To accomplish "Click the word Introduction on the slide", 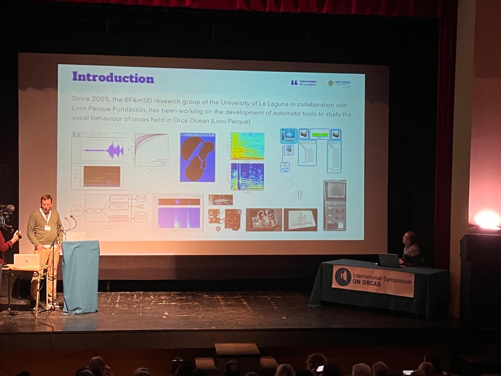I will pos(113,77).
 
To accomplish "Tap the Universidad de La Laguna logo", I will pos(304,82).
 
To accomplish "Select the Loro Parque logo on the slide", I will pos(339,83).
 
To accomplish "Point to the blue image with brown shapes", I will pos(197,157).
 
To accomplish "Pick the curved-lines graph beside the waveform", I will pos(151,150).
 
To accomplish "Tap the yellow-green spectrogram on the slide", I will pos(247,146).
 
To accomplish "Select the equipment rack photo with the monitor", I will pos(335,205).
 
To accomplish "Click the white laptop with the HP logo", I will pos(27,261).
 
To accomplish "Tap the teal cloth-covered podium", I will pos(81,276).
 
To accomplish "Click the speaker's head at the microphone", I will pos(46,202).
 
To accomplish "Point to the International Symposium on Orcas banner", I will pos(373,280).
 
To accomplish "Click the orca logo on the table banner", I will pos(343,277).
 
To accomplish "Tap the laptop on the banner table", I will pos(389,260).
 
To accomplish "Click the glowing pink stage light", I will pos(487,219).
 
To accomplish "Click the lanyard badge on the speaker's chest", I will pos(47,228).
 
